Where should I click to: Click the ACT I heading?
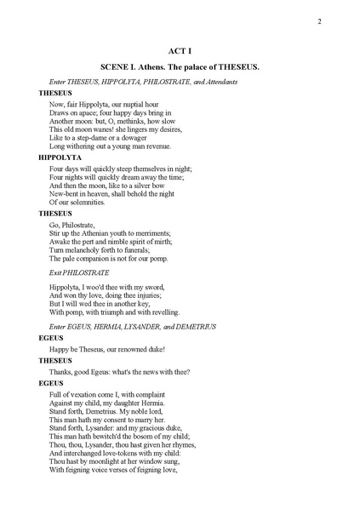180,51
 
